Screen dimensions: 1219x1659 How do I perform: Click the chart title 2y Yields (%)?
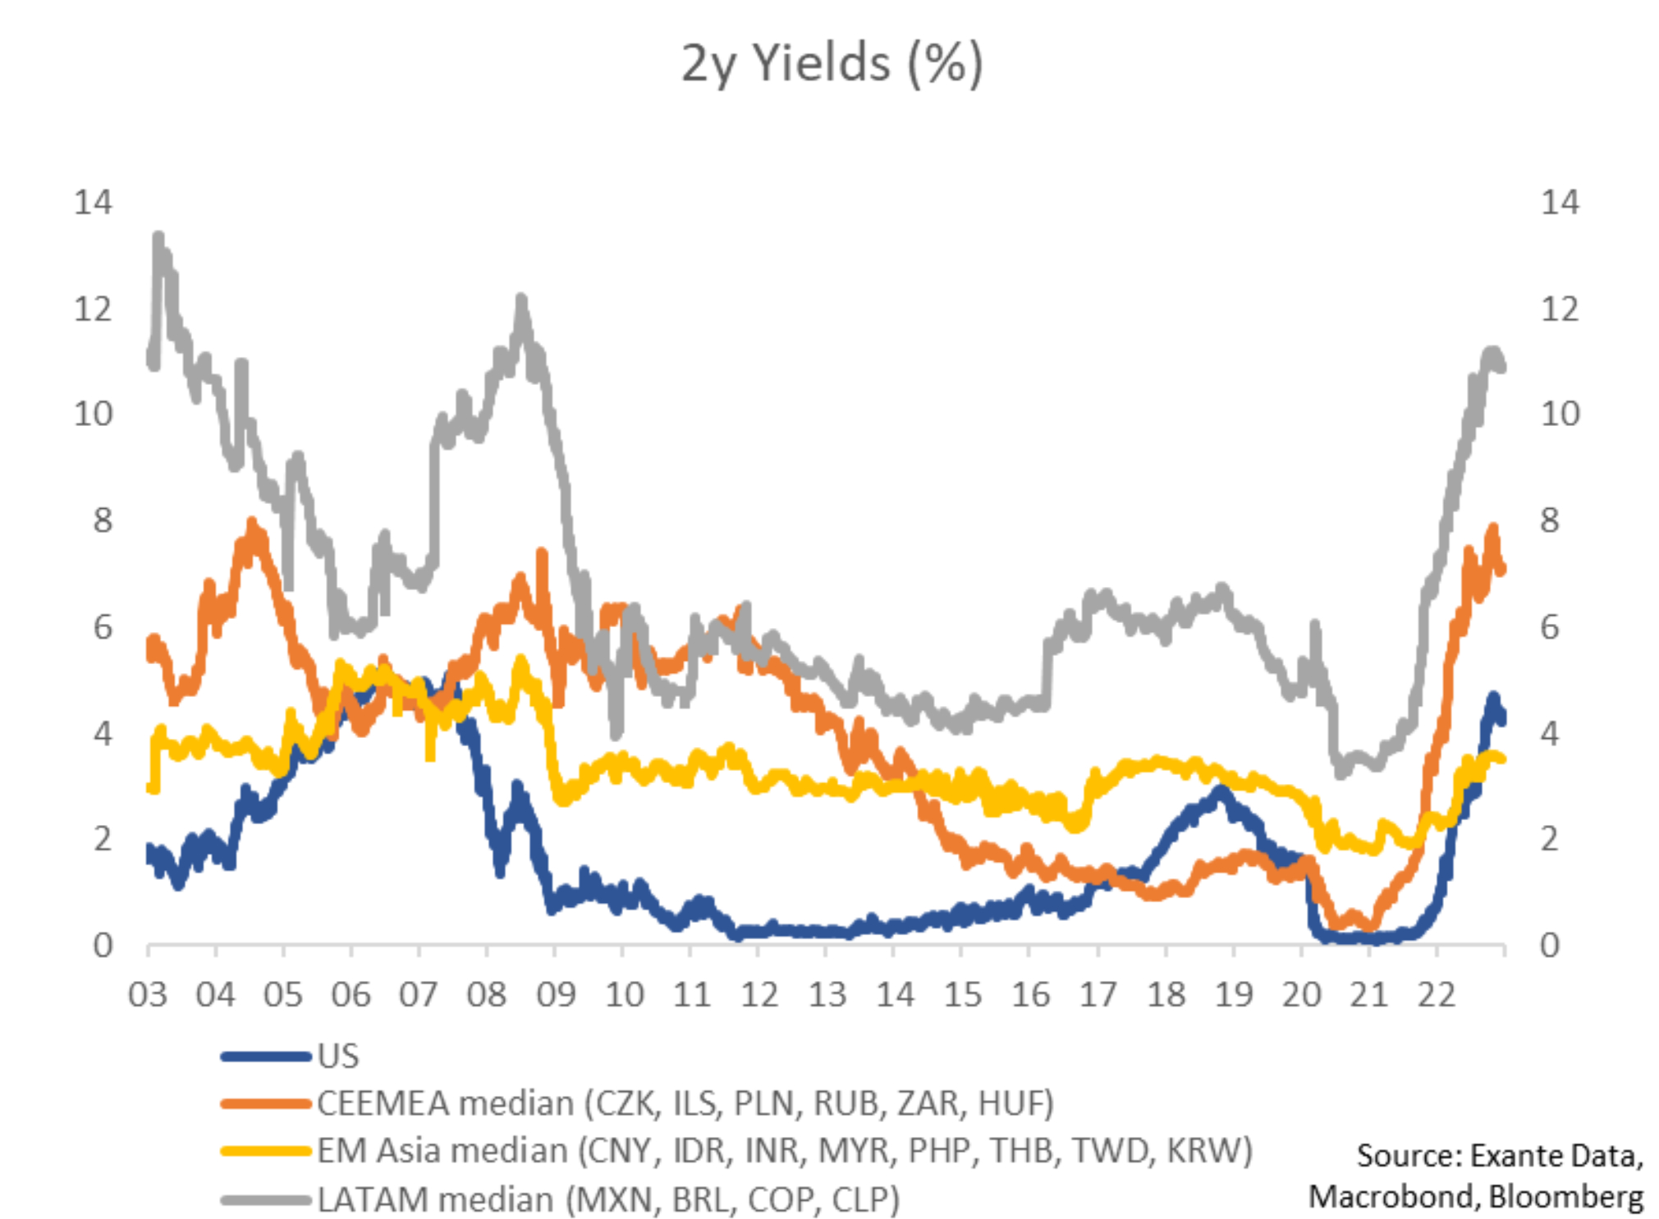point(831,64)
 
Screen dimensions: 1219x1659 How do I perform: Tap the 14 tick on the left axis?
point(93,202)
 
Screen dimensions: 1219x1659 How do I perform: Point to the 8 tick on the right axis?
point(1548,520)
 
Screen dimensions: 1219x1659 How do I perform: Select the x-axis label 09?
point(556,994)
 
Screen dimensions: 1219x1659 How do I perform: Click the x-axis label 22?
point(1437,994)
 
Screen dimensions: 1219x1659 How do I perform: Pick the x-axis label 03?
point(148,994)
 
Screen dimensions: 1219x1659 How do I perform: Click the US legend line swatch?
point(265,1056)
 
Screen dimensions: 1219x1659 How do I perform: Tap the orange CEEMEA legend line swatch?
point(265,1103)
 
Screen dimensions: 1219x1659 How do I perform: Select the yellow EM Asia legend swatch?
point(265,1151)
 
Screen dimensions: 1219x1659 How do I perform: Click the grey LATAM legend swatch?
point(265,1199)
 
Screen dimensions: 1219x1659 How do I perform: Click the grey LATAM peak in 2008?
point(521,300)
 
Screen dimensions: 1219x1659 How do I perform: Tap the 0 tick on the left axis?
point(103,946)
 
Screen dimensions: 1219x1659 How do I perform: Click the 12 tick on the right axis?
point(1559,309)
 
